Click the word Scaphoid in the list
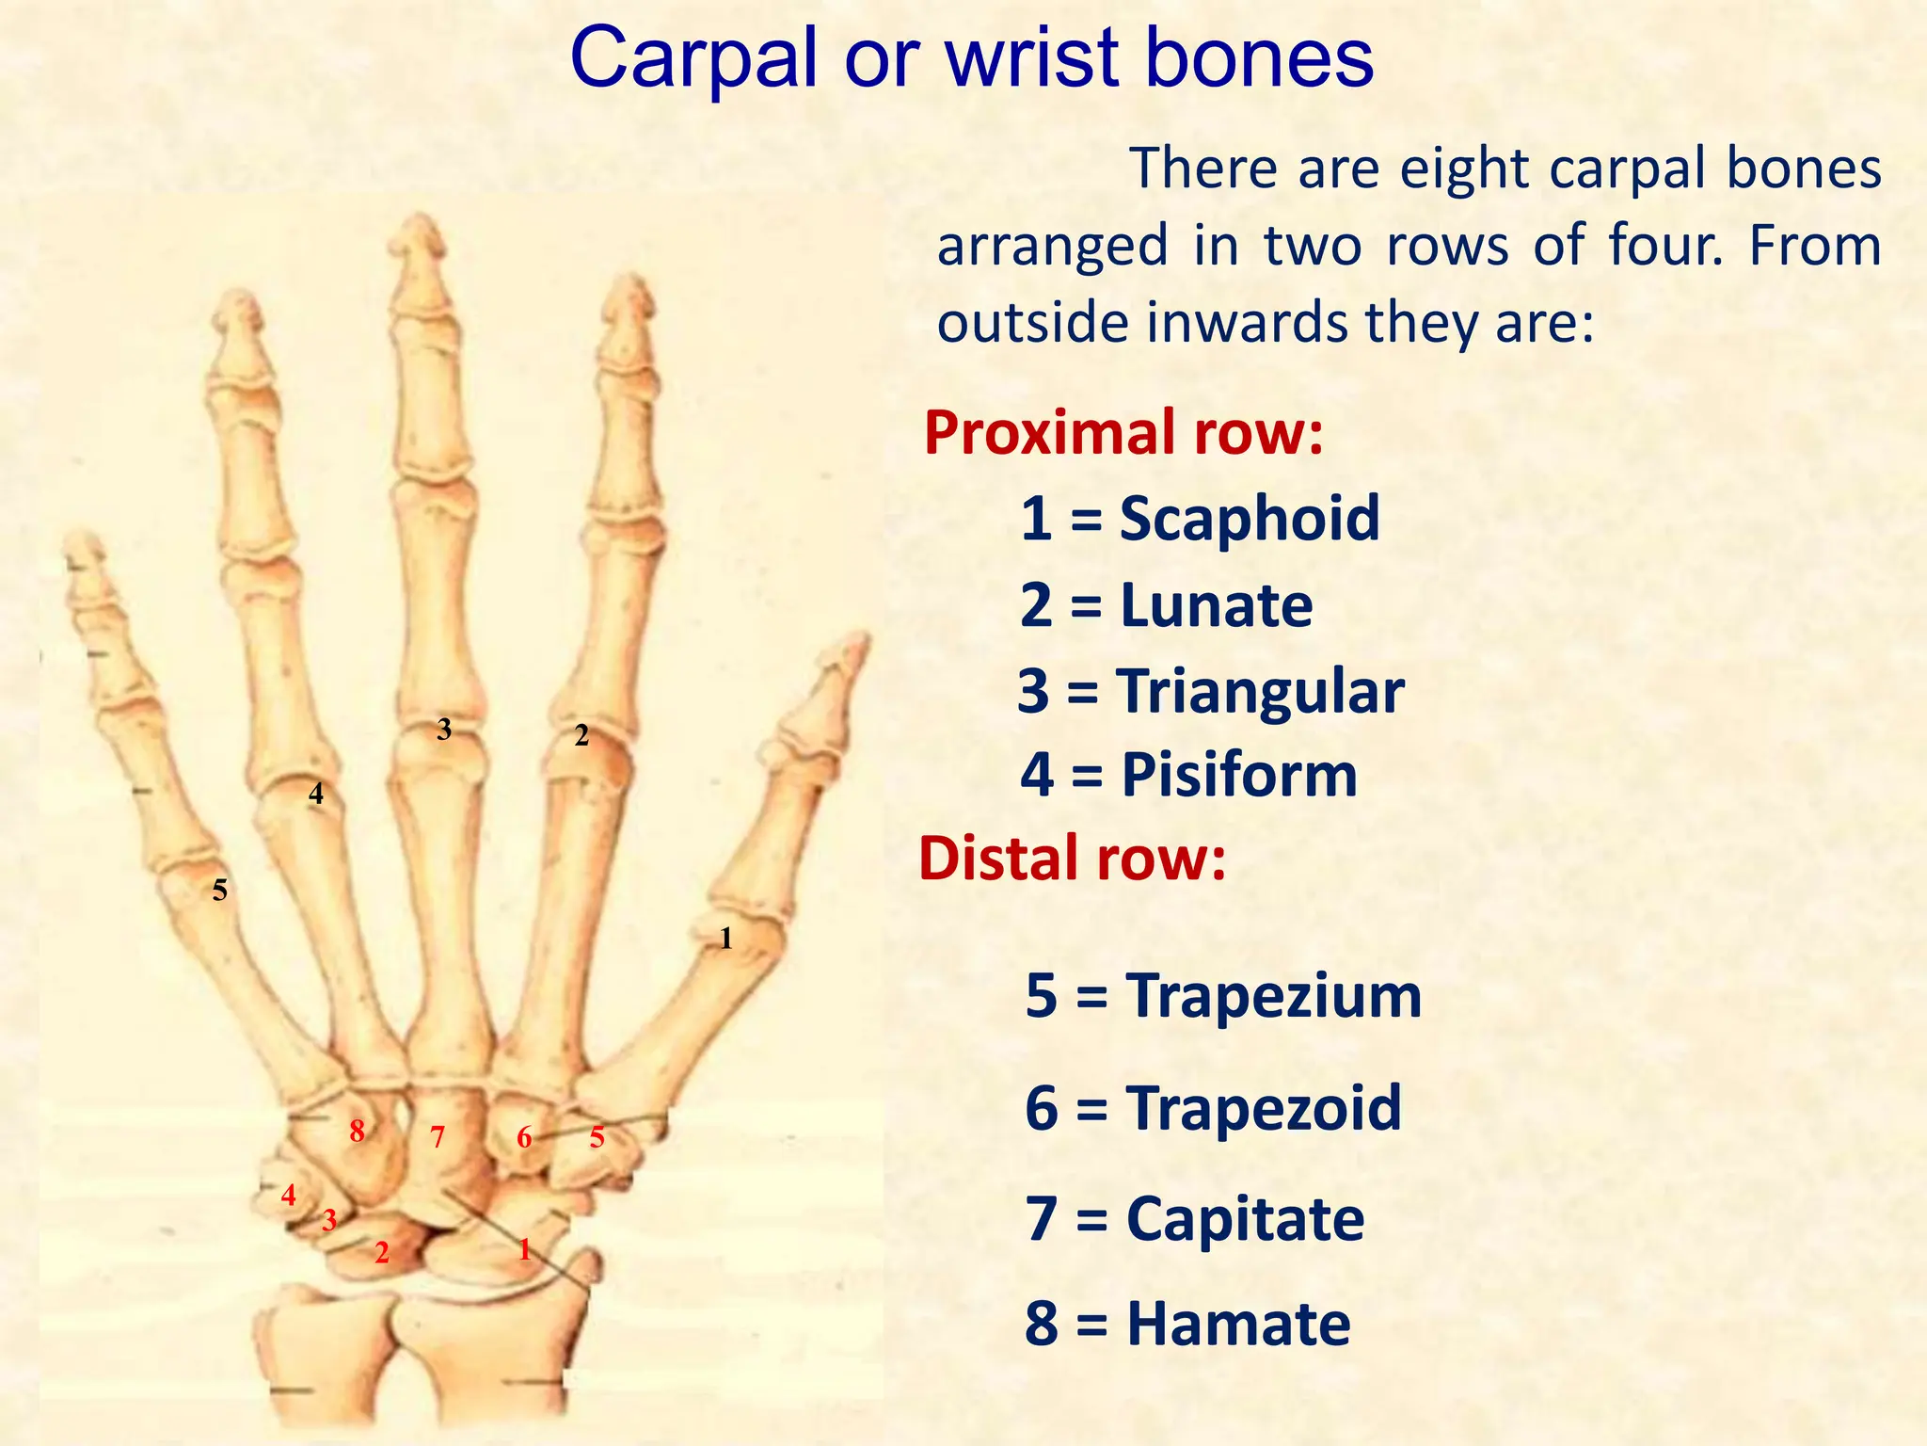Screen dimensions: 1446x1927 click(x=1249, y=519)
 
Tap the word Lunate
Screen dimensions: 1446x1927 click(x=1216, y=605)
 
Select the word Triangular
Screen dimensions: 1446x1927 click(x=1261, y=692)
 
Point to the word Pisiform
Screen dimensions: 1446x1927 click(x=1239, y=776)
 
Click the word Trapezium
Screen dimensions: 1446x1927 click(x=1274, y=996)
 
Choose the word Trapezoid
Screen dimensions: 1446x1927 click(x=1264, y=1108)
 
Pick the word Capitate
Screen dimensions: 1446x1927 click(x=1245, y=1219)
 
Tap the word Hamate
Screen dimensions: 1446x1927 click(x=1238, y=1325)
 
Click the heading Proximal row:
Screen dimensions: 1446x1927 click(x=1123, y=433)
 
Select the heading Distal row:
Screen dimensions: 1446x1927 click(x=1073, y=860)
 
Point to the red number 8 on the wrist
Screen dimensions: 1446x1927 click(x=357, y=1131)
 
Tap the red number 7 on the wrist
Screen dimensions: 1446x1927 click(x=438, y=1137)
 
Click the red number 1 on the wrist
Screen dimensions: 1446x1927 click(x=525, y=1249)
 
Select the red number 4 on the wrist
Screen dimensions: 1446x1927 click(x=289, y=1196)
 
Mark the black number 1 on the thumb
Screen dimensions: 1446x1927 click(x=725, y=938)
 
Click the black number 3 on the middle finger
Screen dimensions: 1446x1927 click(x=444, y=729)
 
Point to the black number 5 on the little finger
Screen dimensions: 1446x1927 click(x=219, y=890)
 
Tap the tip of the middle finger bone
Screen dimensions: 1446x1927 click(x=419, y=226)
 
